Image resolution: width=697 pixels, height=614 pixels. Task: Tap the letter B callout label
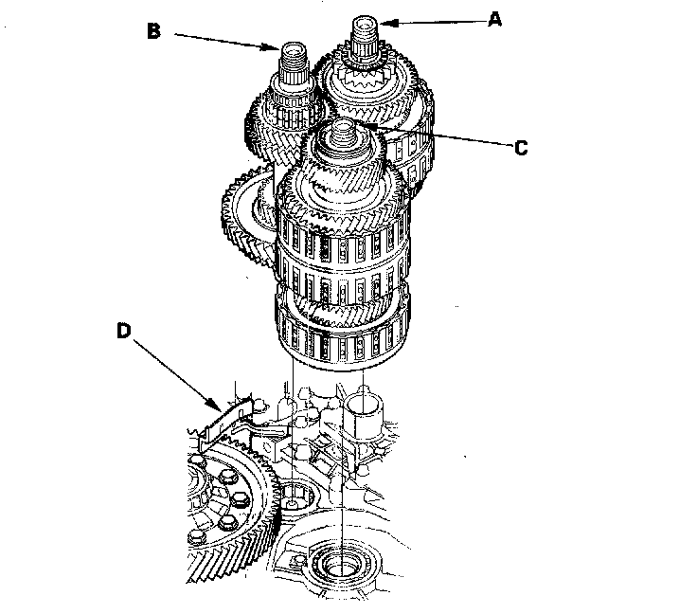155,31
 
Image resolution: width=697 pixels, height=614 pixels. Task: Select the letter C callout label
520,148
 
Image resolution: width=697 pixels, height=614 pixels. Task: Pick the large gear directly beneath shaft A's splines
369,85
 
